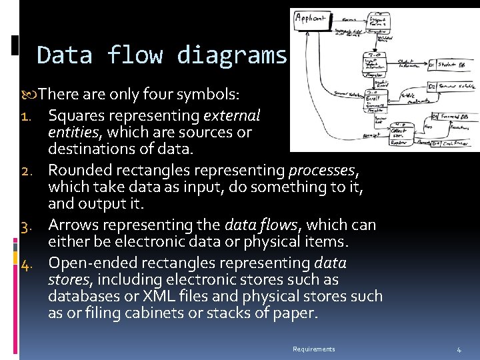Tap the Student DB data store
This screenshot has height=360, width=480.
tap(451, 65)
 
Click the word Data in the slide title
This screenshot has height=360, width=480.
tap(65, 55)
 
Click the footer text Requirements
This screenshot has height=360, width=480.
tap(313, 349)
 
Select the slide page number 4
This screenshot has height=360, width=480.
tap(459, 349)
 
